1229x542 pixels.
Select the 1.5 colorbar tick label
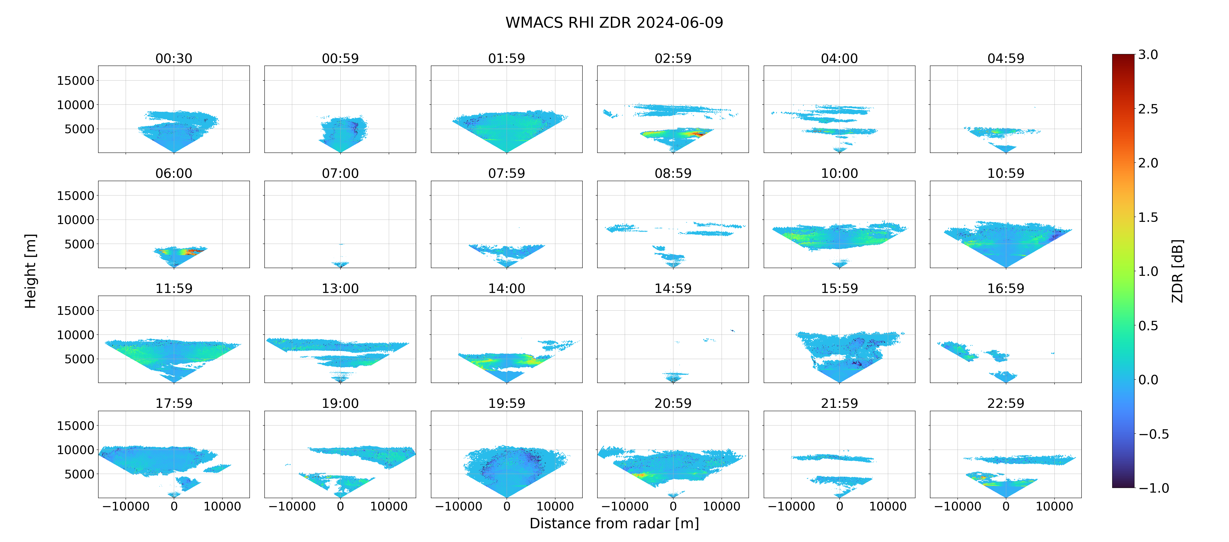pos(1148,217)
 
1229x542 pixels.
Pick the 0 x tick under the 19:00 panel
pos(340,506)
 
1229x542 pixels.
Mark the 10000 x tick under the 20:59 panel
pos(721,506)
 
